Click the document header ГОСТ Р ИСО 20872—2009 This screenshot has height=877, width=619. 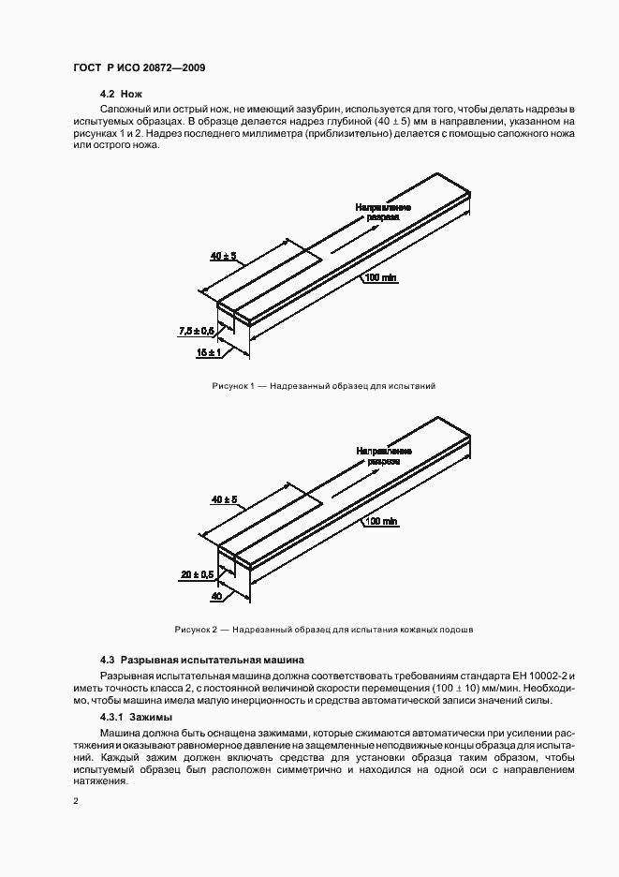[x=139, y=68]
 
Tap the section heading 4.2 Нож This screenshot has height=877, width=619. [x=122, y=96]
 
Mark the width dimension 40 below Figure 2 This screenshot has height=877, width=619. [x=215, y=596]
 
